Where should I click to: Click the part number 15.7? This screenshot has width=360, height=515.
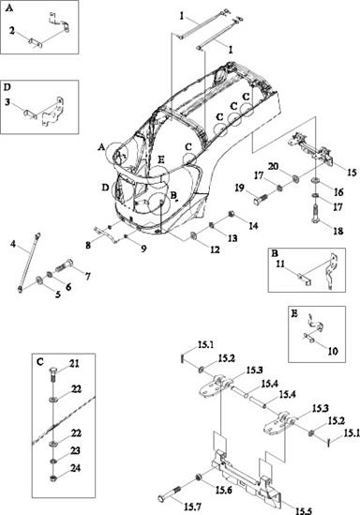(x=192, y=507)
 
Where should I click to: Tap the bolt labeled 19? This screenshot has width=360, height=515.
(x=262, y=199)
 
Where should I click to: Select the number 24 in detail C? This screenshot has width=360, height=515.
(x=76, y=468)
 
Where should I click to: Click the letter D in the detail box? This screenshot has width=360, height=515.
(x=7, y=87)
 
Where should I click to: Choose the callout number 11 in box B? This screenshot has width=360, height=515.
(x=280, y=264)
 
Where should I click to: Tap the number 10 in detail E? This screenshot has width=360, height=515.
(x=333, y=351)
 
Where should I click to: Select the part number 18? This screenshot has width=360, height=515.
(x=338, y=231)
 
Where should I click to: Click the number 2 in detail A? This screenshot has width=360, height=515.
(x=12, y=31)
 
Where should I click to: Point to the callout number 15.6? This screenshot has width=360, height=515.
(x=223, y=490)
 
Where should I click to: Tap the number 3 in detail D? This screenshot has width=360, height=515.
(x=7, y=102)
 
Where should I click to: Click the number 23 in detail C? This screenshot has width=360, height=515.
(x=76, y=450)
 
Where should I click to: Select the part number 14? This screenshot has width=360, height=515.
(x=253, y=226)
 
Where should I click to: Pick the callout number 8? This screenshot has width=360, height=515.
(x=88, y=245)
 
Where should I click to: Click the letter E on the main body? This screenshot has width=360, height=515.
(x=161, y=159)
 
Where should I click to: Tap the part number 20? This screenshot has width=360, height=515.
(x=273, y=167)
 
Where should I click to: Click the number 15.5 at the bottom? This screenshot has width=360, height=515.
(x=304, y=510)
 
